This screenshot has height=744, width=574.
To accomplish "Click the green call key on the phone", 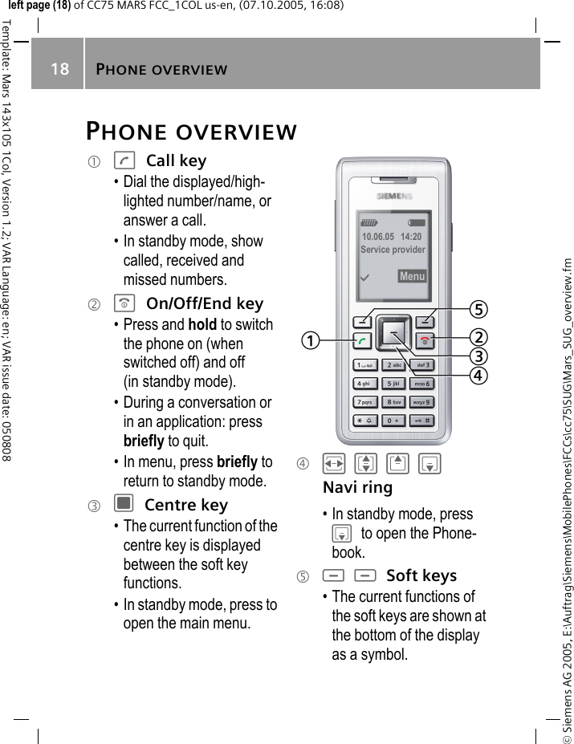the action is [x=364, y=341].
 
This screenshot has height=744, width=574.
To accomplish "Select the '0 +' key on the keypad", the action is [x=393, y=421].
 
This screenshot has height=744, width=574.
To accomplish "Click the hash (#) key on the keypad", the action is [x=423, y=421].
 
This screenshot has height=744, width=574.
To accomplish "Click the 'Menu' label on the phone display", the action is [x=412, y=277].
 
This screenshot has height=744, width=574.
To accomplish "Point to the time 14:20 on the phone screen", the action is [x=411, y=238].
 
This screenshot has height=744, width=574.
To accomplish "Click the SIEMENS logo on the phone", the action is [x=394, y=196].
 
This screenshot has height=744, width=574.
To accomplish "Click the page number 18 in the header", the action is [x=60, y=69].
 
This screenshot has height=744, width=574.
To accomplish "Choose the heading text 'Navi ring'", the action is [x=357, y=487].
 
